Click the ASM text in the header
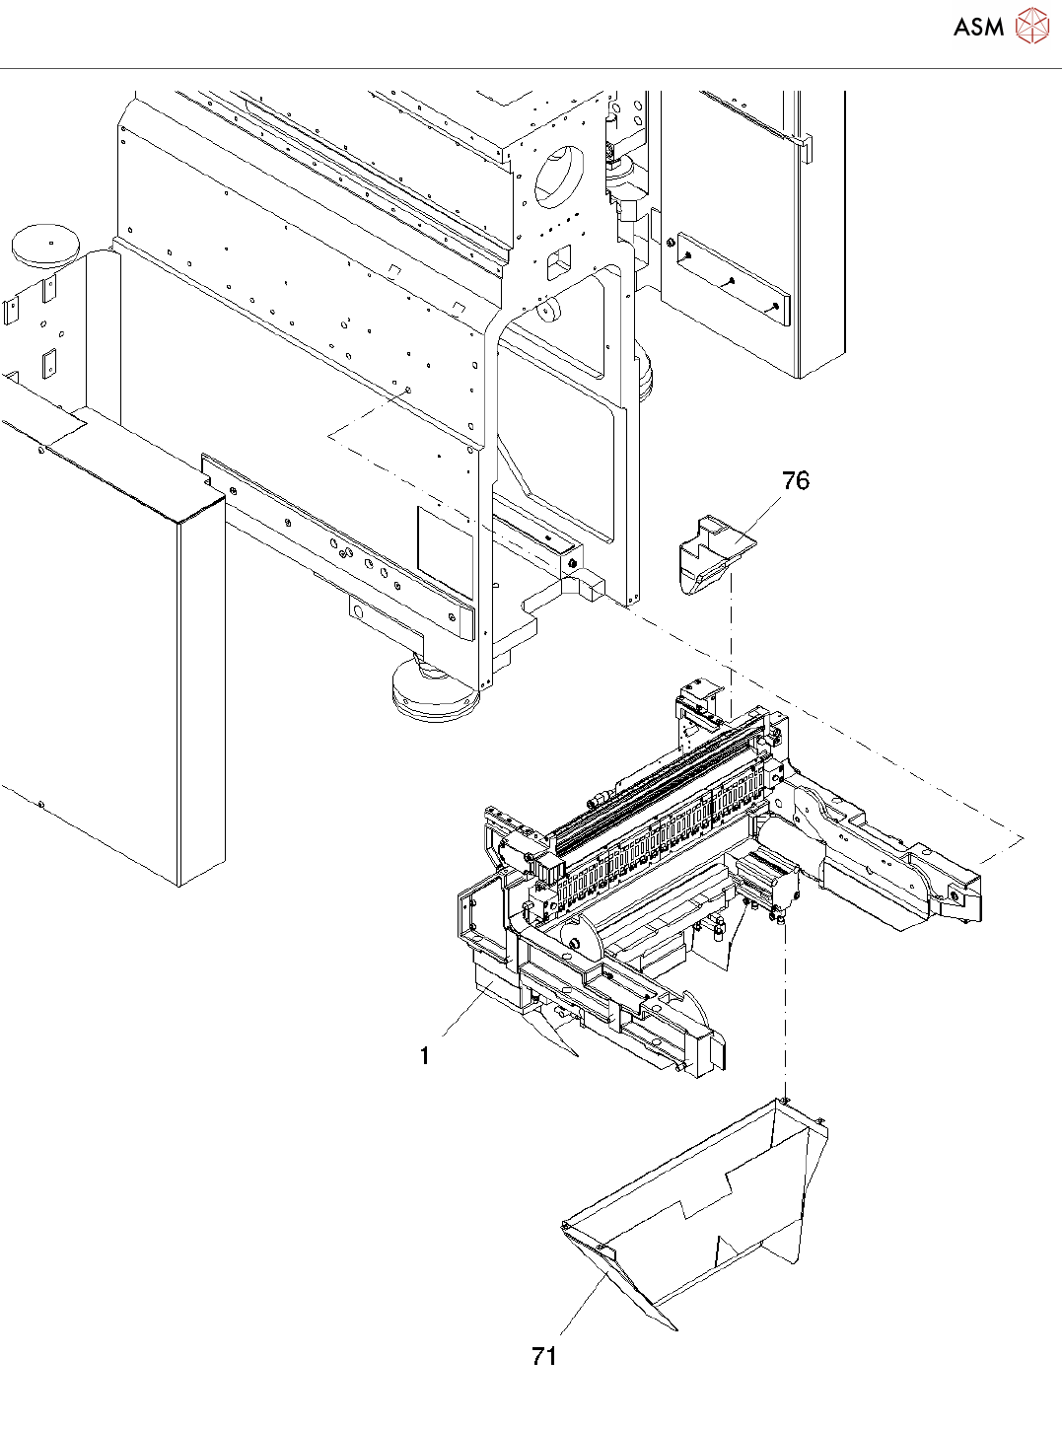pos(978,27)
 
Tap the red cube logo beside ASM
pos(1031,26)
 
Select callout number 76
pos(795,480)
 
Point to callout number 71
pos(544,1356)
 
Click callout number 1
pos(424,1055)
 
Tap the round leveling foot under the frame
pos(434,691)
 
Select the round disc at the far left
pos(44,243)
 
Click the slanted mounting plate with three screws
pos(734,280)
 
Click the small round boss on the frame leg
pos(547,312)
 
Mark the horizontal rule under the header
pos(531,69)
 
